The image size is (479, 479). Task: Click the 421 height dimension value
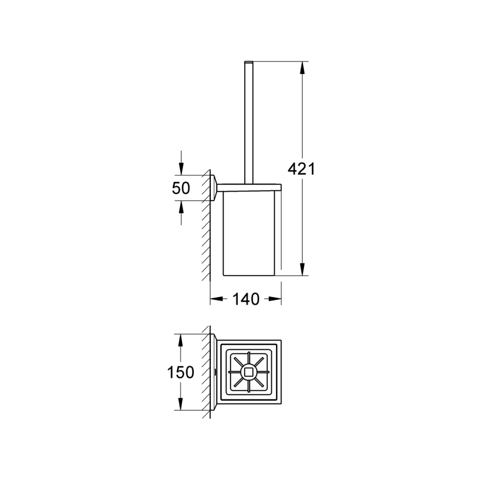click(x=301, y=169)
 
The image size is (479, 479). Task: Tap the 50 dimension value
click(x=181, y=188)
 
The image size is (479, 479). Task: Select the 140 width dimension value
click(x=246, y=299)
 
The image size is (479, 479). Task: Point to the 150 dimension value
click(x=180, y=373)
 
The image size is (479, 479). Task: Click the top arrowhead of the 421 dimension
click(x=302, y=68)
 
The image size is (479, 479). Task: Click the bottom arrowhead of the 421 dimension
click(x=302, y=269)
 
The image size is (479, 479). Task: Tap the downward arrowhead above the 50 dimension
click(x=181, y=169)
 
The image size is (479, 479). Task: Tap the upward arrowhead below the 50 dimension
click(x=181, y=207)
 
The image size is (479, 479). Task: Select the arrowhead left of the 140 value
click(x=216, y=299)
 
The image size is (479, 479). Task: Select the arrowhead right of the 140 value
click(x=275, y=299)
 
